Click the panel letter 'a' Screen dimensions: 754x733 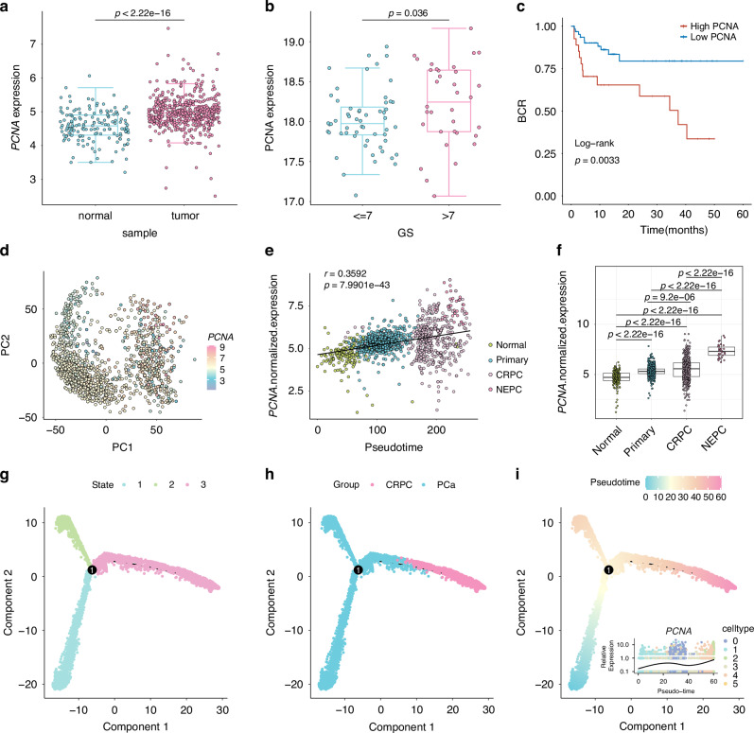(5, 8)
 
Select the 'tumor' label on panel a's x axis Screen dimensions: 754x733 (185, 216)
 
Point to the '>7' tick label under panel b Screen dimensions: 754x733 (447, 216)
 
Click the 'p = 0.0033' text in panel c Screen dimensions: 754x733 (597, 160)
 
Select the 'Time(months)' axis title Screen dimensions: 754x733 (674, 230)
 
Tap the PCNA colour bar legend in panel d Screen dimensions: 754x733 (212, 367)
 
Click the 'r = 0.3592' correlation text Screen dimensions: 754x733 (345, 273)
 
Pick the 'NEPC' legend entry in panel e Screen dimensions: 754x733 (509, 390)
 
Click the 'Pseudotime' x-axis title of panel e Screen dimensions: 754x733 (394, 447)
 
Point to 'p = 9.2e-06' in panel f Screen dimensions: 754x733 (670, 297)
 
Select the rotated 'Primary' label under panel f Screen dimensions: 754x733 (640, 441)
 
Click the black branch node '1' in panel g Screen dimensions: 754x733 (92, 569)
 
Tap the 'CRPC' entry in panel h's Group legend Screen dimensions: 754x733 (398, 485)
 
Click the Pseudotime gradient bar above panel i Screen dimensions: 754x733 (683, 482)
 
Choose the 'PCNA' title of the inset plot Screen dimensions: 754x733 (678, 631)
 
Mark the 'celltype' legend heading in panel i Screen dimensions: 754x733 (738, 629)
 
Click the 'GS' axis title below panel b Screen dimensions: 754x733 (405, 233)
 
